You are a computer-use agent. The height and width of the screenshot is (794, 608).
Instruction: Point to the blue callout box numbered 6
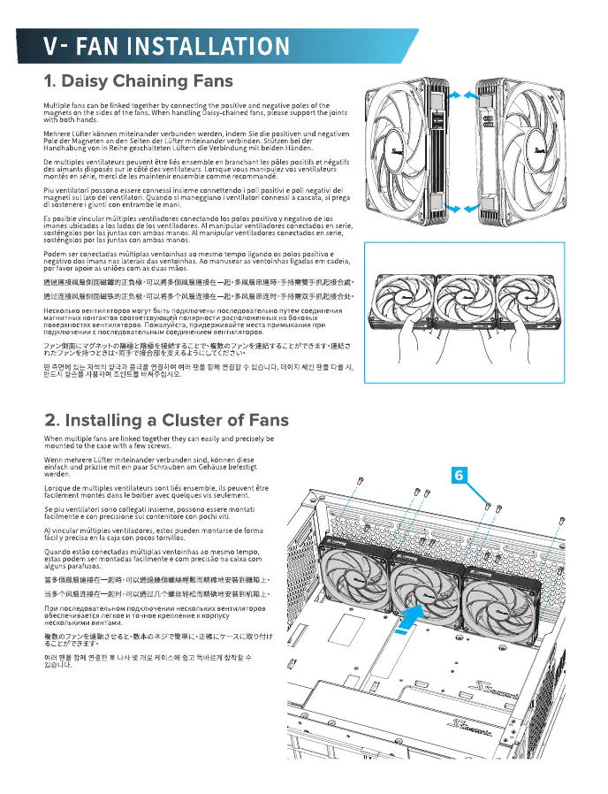[460, 475]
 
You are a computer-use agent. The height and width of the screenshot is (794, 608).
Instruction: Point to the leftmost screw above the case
[360, 481]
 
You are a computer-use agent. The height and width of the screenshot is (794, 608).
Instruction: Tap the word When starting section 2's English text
[55, 439]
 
